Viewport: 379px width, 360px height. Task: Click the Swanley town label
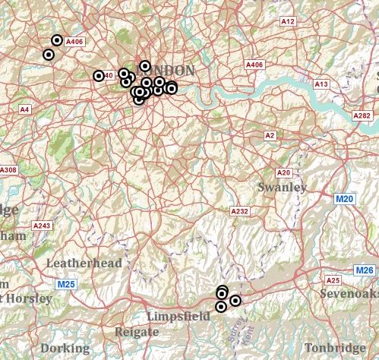click(283, 187)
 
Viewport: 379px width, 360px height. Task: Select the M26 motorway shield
click(365, 270)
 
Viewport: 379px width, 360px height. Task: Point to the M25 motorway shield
click(66, 284)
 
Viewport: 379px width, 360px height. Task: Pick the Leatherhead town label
click(84, 263)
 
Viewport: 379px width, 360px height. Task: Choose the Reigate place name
click(137, 332)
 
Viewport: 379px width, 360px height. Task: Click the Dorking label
click(65, 349)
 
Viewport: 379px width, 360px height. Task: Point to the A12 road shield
click(288, 22)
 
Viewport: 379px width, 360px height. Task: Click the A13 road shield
click(321, 84)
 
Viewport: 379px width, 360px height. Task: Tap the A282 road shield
click(363, 115)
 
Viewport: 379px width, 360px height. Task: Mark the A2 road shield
click(269, 135)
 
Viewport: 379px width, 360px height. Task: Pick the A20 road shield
click(284, 173)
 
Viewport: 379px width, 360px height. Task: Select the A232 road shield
click(239, 211)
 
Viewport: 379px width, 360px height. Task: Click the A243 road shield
click(43, 226)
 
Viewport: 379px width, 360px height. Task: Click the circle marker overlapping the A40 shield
click(98, 75)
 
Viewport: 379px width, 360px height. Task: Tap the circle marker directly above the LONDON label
click(145, 66)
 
